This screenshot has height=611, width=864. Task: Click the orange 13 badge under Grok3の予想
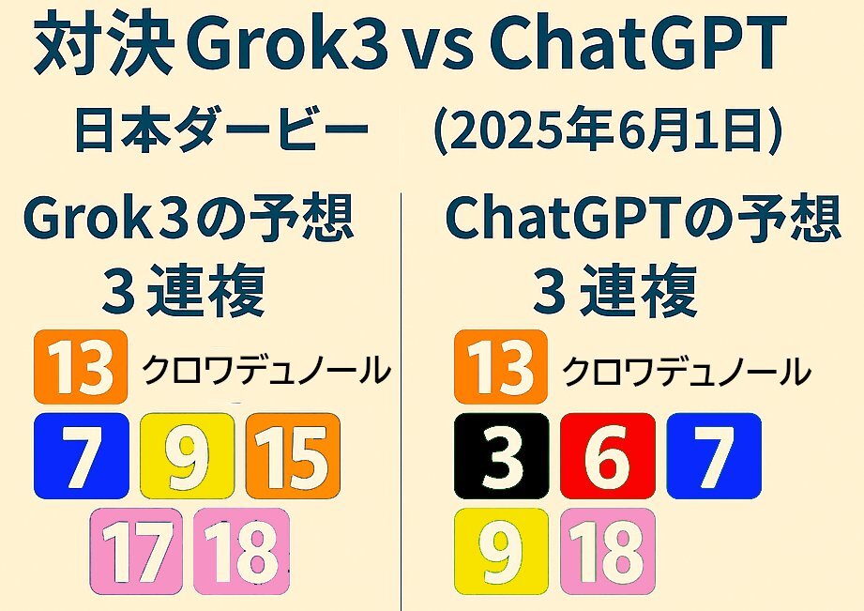click(x=81, y=367)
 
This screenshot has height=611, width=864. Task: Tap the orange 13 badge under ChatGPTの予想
click(x=500, y=367)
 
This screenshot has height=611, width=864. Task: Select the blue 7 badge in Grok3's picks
click(x=81, y=455)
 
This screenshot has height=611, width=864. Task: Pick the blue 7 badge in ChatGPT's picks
click(x=714, y=455)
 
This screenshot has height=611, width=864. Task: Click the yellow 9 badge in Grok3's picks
click(x=187, y=455)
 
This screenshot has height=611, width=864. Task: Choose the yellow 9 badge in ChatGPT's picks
click(x=501, y=552)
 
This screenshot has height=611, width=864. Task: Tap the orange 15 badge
click(x=293, y=455)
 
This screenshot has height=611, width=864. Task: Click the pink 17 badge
click(x=136, y=552)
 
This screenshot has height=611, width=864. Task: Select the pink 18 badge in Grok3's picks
click(x=241, y=552)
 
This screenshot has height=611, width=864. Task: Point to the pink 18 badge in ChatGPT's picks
click(x=608, y=552)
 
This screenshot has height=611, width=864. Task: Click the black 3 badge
click(x=502, y=455)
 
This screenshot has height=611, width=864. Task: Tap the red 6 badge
click(x=608, y=455)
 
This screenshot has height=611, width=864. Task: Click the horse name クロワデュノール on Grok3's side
click(x=266, y=370)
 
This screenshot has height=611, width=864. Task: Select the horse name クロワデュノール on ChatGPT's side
click(x=686, y=371)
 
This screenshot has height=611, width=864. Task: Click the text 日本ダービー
click(x=221, y=130)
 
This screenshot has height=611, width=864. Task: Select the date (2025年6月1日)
click(x=608, y=130)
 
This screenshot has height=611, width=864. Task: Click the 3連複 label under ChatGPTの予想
click(x=615, y=289)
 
